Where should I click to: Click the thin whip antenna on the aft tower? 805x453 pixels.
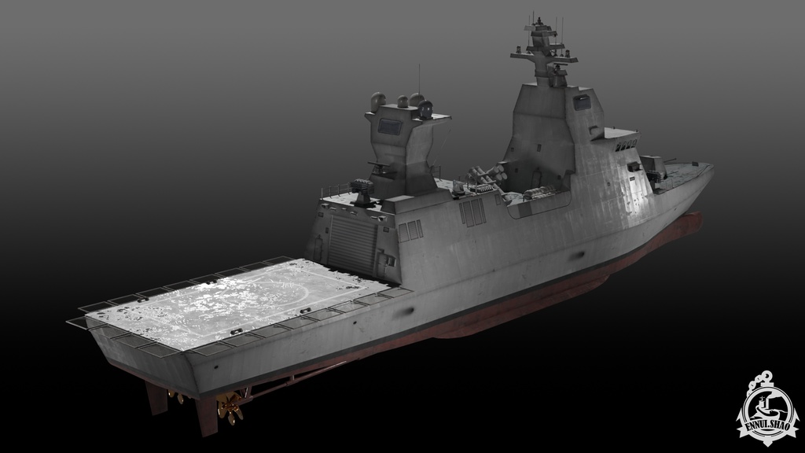click(x=419, y=79)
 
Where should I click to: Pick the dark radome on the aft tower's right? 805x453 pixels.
click(x=426, y=109)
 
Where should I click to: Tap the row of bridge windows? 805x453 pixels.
click(x=624, y=145)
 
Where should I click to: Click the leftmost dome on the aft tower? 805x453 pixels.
click(x=378, y=100)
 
